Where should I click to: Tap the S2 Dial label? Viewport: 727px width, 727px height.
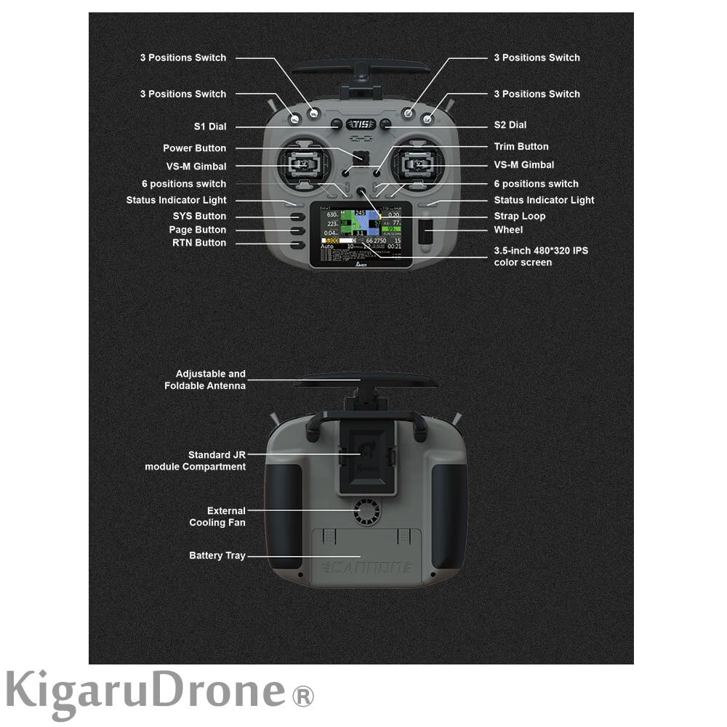click(510, 125)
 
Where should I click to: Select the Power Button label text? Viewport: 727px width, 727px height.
click(194, 148)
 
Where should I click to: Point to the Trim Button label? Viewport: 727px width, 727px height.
click(521, 147)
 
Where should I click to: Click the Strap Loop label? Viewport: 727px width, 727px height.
click(520, 216)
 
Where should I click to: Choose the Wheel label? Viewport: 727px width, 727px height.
click(508, 230)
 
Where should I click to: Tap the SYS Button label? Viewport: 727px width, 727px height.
click(199, 216)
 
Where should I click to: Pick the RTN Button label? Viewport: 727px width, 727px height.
click(199, 243)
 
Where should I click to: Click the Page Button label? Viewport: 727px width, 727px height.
click(198, 230)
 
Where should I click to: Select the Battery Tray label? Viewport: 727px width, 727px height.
click(217, 556)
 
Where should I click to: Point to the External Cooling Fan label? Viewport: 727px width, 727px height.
click(217, 517)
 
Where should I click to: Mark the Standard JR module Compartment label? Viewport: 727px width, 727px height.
click(195, 461)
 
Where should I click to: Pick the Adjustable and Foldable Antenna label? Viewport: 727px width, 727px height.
click(205, 379)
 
